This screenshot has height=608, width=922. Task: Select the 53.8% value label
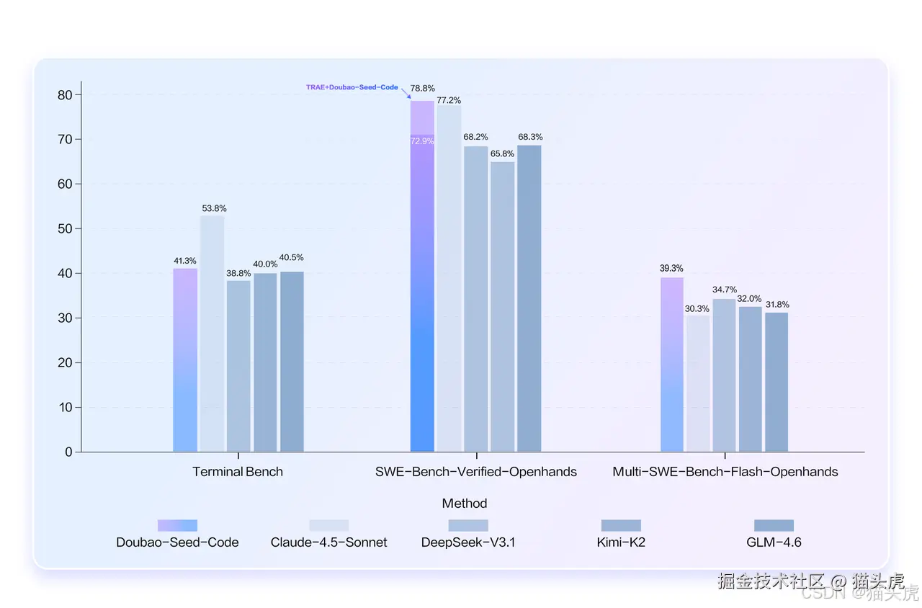click(214, 208)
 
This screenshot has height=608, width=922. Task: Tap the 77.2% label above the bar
click(449, 100)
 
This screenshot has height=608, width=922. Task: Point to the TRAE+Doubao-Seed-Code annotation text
click(352, 87)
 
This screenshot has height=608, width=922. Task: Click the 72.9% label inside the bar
click(422, 141)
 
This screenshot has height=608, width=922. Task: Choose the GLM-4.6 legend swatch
click(774, 525)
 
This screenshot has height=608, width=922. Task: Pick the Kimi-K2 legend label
click(621, 542)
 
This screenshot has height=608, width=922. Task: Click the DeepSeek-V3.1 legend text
click(468, 542)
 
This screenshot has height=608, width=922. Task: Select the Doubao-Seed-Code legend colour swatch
click(177, 525)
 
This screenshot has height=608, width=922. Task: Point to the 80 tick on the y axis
click(65, 94)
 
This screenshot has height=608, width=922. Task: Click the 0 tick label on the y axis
click(68, 452)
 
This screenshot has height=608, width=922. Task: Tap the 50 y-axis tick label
click(65, 228)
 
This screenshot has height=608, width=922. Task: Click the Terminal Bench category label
click(238, 472)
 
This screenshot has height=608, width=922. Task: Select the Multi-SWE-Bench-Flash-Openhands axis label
click(725, 472)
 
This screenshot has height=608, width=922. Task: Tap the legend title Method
click(465, 503)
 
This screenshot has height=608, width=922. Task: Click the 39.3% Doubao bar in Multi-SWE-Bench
click(672, 365)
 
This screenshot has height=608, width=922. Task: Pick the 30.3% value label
click(697, 308)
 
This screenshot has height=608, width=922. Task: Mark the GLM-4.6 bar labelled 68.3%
click(529, 298)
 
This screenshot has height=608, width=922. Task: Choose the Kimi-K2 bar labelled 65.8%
click(503, 306)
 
